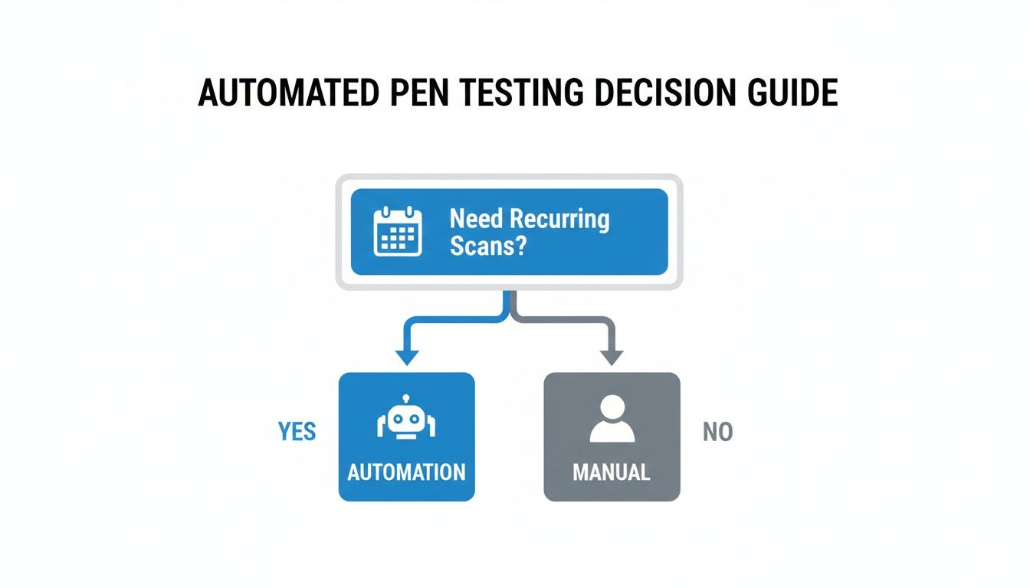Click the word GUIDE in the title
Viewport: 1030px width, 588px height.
click(x=793, y=93)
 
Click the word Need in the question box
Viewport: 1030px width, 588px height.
click(x=476, y=219)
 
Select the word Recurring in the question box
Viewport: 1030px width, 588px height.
click(x=559, y=219)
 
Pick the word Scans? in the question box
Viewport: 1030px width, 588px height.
click(x=488, y=246)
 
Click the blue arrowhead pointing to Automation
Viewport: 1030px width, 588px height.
click(x=406, y=356)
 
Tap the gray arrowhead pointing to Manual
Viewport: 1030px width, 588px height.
click(x=612, y=356)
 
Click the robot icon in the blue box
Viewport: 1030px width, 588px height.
click(x=406, y=420)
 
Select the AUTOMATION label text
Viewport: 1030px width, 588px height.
click(x=406, y=472)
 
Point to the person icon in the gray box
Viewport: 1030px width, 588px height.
click(x=612, y=419)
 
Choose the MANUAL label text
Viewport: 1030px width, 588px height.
click(x=612, y=472)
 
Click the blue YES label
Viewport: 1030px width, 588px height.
click(x=297, y=432)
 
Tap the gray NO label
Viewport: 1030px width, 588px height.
click(x=718, y=433)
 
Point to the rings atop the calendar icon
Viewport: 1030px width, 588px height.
click(x=397, y=211)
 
